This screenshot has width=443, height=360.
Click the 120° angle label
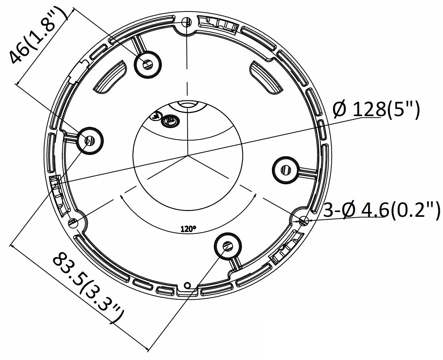coord(188,229)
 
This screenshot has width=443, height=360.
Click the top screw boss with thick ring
coord(148,64)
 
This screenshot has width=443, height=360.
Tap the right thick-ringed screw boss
coord(286,170)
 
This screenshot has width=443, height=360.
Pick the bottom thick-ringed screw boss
coord(228,246)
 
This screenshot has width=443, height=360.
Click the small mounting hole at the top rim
coord(187,22)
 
